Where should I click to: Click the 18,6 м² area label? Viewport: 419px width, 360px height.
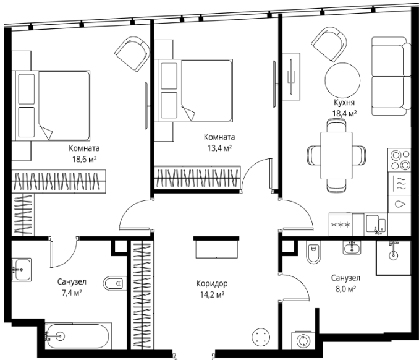pyautogui.click(x=84, y=160)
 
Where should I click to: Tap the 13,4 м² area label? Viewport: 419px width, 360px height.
pyautogui.click(x=219, y=148)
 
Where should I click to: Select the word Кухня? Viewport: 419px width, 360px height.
pyautogui.click(x=344, y=103)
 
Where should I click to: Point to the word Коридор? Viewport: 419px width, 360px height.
pyautogui.click(x=212, y=283)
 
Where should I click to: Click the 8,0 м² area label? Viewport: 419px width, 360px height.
pyautogui.click(x=345, y=289)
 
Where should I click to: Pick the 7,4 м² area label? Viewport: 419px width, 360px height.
pyautogui.click(x=72, y=293)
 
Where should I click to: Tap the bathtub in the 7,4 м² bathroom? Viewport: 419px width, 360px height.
pyautogui.click(x=78, y=336)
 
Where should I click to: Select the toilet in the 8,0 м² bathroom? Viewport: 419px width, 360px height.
pyautogui.click(x=313, y=252)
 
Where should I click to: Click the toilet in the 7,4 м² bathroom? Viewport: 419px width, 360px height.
pyautogui.click(x=115, y=283)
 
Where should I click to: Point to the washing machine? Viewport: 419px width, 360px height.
pyautogui.click(x=303, y=341)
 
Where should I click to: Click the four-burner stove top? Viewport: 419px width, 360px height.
pyautogui.click(x=399, y=160)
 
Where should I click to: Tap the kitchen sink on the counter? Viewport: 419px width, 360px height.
pyautogui.click(x=376, y=225)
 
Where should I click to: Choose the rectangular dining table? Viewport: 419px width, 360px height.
pyautogui.click(x=337, y=156)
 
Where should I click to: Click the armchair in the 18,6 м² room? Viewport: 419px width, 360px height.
pyautogui.click(x=132, y=53)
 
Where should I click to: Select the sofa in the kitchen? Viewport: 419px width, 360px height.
pyautogui.click(x=391, y=77)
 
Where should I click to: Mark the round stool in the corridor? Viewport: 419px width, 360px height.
pyautogui.click(x=261, y=337)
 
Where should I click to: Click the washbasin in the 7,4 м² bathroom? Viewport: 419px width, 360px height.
pyautogui.click(x=22, y=270)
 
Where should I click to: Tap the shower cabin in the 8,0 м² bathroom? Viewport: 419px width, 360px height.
pyautogui.click(x=393, y=257)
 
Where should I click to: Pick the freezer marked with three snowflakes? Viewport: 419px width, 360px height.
pyautogui.click(x=341, y=225)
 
